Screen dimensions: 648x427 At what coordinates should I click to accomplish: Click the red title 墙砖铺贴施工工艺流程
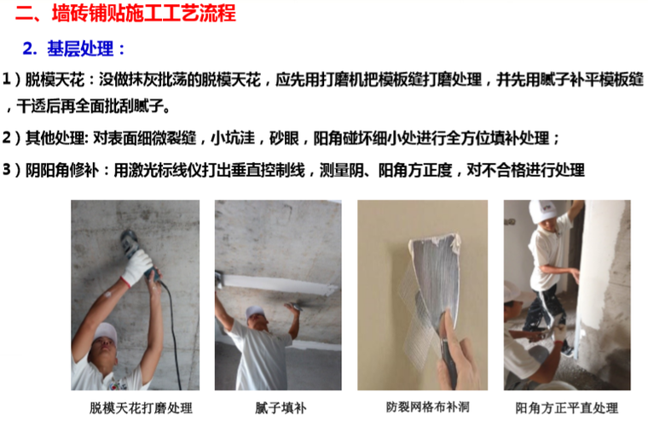coord(144,13)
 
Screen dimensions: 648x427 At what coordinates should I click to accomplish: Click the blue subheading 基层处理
coord(80,49)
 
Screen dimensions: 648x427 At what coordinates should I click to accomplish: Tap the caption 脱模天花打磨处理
coord(141,408)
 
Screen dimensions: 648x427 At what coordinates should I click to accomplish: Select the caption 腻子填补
coord(281,408)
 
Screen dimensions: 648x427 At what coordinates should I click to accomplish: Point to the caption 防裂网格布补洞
coord(428,407)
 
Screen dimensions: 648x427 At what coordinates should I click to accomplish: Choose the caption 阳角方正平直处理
coord(567,408)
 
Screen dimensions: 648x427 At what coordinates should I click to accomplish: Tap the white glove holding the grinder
coord(136,266)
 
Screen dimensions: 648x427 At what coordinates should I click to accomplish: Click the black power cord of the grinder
coord(173,331)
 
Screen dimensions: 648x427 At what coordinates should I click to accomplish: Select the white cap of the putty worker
coord(255,313)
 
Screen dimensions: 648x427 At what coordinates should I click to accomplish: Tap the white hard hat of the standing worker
coord(543,211)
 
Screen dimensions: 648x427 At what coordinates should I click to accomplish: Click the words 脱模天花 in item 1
coord(55,79)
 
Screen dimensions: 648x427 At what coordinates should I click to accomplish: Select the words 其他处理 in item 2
coord(55,137)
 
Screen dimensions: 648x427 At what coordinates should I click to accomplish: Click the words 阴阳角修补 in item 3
coord(62,170)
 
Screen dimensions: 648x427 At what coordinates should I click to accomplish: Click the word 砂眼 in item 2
coord(284,137)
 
